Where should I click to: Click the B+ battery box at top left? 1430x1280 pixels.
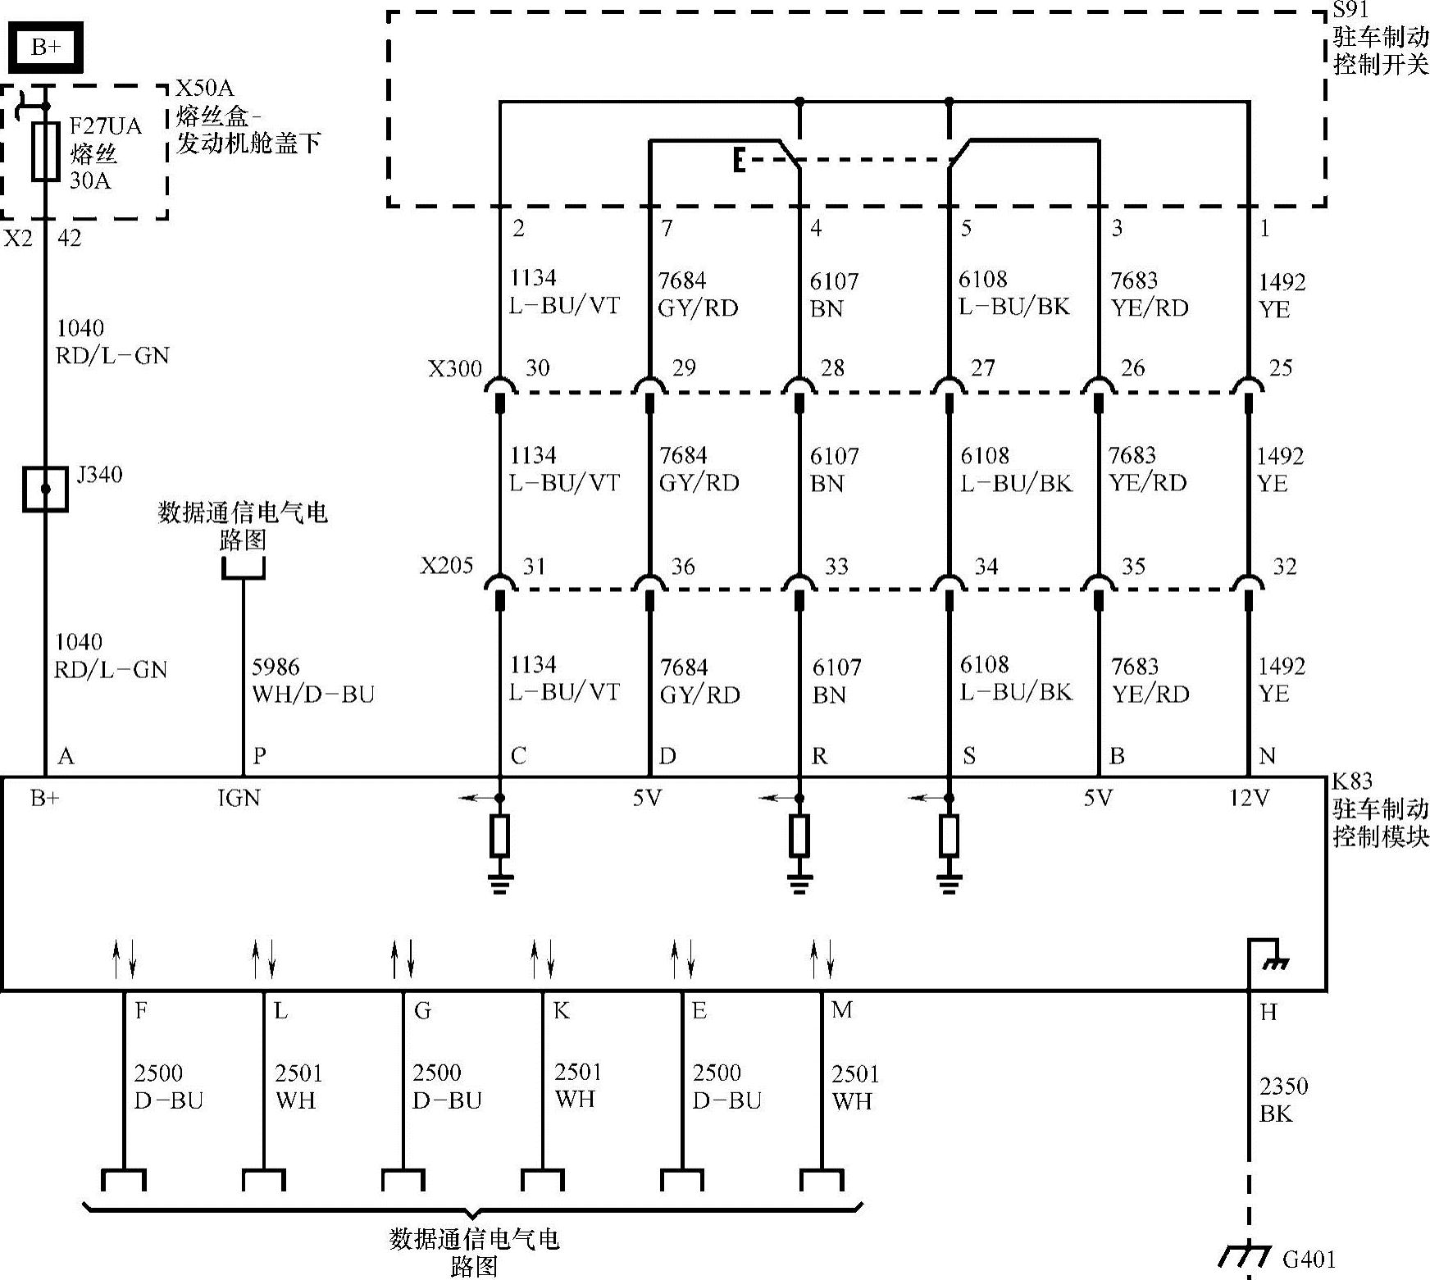[46, 48]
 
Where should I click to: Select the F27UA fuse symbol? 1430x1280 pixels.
[45, 151]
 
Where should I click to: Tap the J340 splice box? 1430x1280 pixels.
[45, 489]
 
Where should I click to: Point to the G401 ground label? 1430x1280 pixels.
[1309, 1258]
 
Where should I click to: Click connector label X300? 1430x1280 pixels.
[455, 368]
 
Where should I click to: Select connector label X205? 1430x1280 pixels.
[447, 566]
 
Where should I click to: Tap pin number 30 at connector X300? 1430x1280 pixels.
[537, 367]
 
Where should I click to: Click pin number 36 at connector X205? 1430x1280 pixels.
[682, 566]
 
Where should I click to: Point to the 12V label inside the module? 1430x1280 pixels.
[1249, 798]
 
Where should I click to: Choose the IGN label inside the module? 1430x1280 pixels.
[239, 798]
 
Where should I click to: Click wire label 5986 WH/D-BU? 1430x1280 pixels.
[312, 681]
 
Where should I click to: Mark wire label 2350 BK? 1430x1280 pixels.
[1283, 1100]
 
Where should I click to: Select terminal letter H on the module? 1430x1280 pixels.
[1268, 1013]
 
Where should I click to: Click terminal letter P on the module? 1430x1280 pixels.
[259, 755]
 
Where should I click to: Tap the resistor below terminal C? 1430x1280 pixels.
[499, 836]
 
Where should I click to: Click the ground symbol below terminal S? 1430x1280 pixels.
[949, 883]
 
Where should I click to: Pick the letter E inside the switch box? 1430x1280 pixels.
[739, 161]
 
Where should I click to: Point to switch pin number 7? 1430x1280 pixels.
[667, 228]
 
